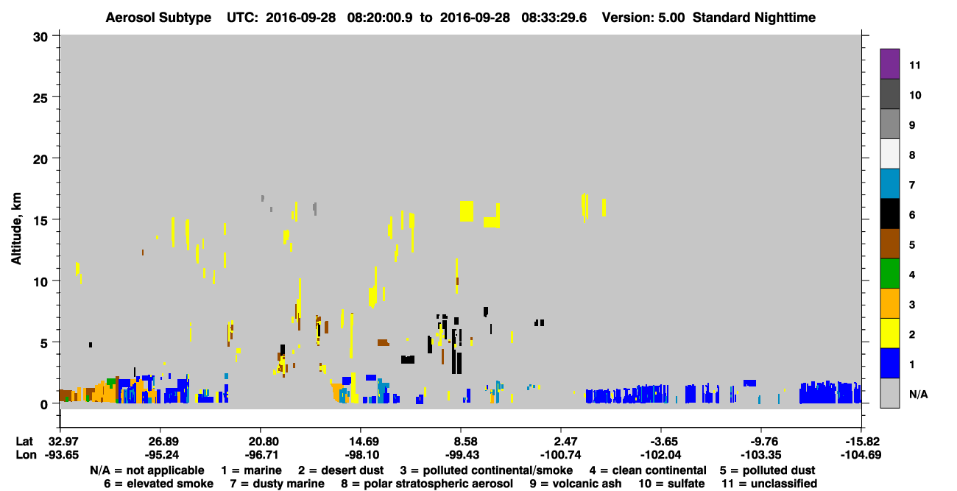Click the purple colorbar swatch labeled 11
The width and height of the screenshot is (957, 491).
tap(890, 63)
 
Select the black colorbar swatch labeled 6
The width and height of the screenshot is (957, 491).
tap(890, 213)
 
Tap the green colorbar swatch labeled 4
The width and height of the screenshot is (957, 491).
tap(890, 274)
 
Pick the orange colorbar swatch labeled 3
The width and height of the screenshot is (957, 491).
tap(890, 303)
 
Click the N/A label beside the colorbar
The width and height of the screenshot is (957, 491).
tap(919, 394)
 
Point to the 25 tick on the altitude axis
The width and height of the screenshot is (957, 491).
tap(40, 98)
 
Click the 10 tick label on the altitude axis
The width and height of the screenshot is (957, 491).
tap(40, 282)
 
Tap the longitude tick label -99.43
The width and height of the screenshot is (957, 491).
tap(462, 455)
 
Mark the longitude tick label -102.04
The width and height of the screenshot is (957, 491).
tap(661, 455)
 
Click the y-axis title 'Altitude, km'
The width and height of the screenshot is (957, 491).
tap(16, 229)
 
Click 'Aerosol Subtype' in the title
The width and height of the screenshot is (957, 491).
tap(158, 18)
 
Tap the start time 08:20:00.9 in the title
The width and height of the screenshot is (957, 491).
tap(380, 18)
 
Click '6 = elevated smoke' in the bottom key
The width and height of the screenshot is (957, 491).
tap(158, 484)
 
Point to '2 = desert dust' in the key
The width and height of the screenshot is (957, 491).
tap(341, 470)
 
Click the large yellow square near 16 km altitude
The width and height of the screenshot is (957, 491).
tap(467, 211)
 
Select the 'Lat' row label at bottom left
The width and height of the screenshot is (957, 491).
tap(24, 442)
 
